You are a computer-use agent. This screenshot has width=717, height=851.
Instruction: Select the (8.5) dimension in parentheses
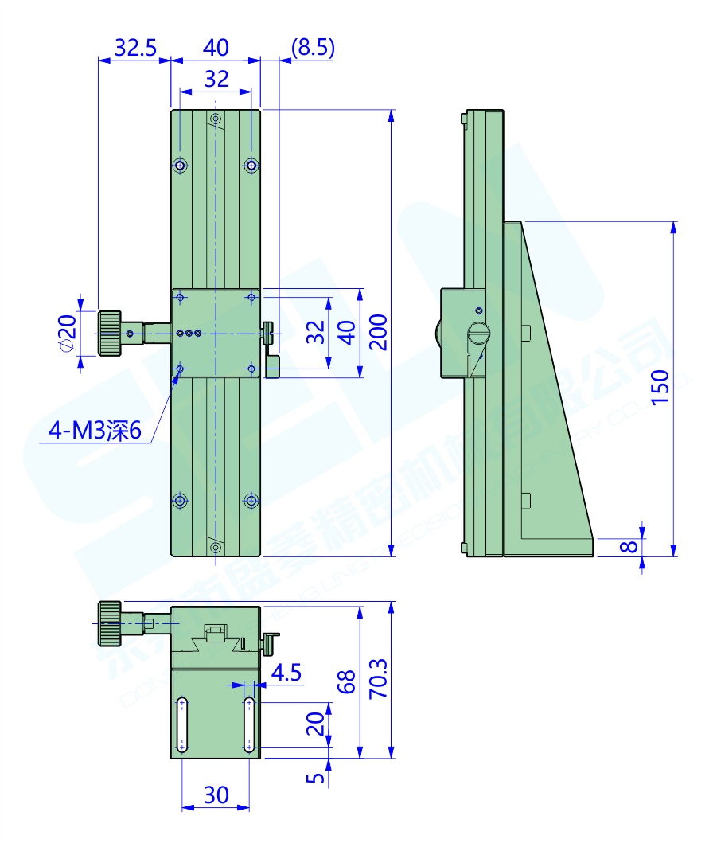(313, 48)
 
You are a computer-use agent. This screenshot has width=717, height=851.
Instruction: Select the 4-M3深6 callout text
(95, 431)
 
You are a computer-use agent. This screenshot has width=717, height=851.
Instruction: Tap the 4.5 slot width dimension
(286, 673)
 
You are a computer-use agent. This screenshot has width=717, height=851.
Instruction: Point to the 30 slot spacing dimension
(216, 794)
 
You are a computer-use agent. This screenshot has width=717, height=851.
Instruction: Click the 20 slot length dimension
(316, 724)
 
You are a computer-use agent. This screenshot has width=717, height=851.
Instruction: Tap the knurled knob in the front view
(110, 333)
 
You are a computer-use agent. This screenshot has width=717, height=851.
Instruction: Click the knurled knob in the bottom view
(110, 623)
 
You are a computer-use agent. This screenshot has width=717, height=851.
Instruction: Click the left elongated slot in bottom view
(182, 724)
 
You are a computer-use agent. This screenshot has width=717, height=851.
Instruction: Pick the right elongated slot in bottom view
(249, 724)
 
